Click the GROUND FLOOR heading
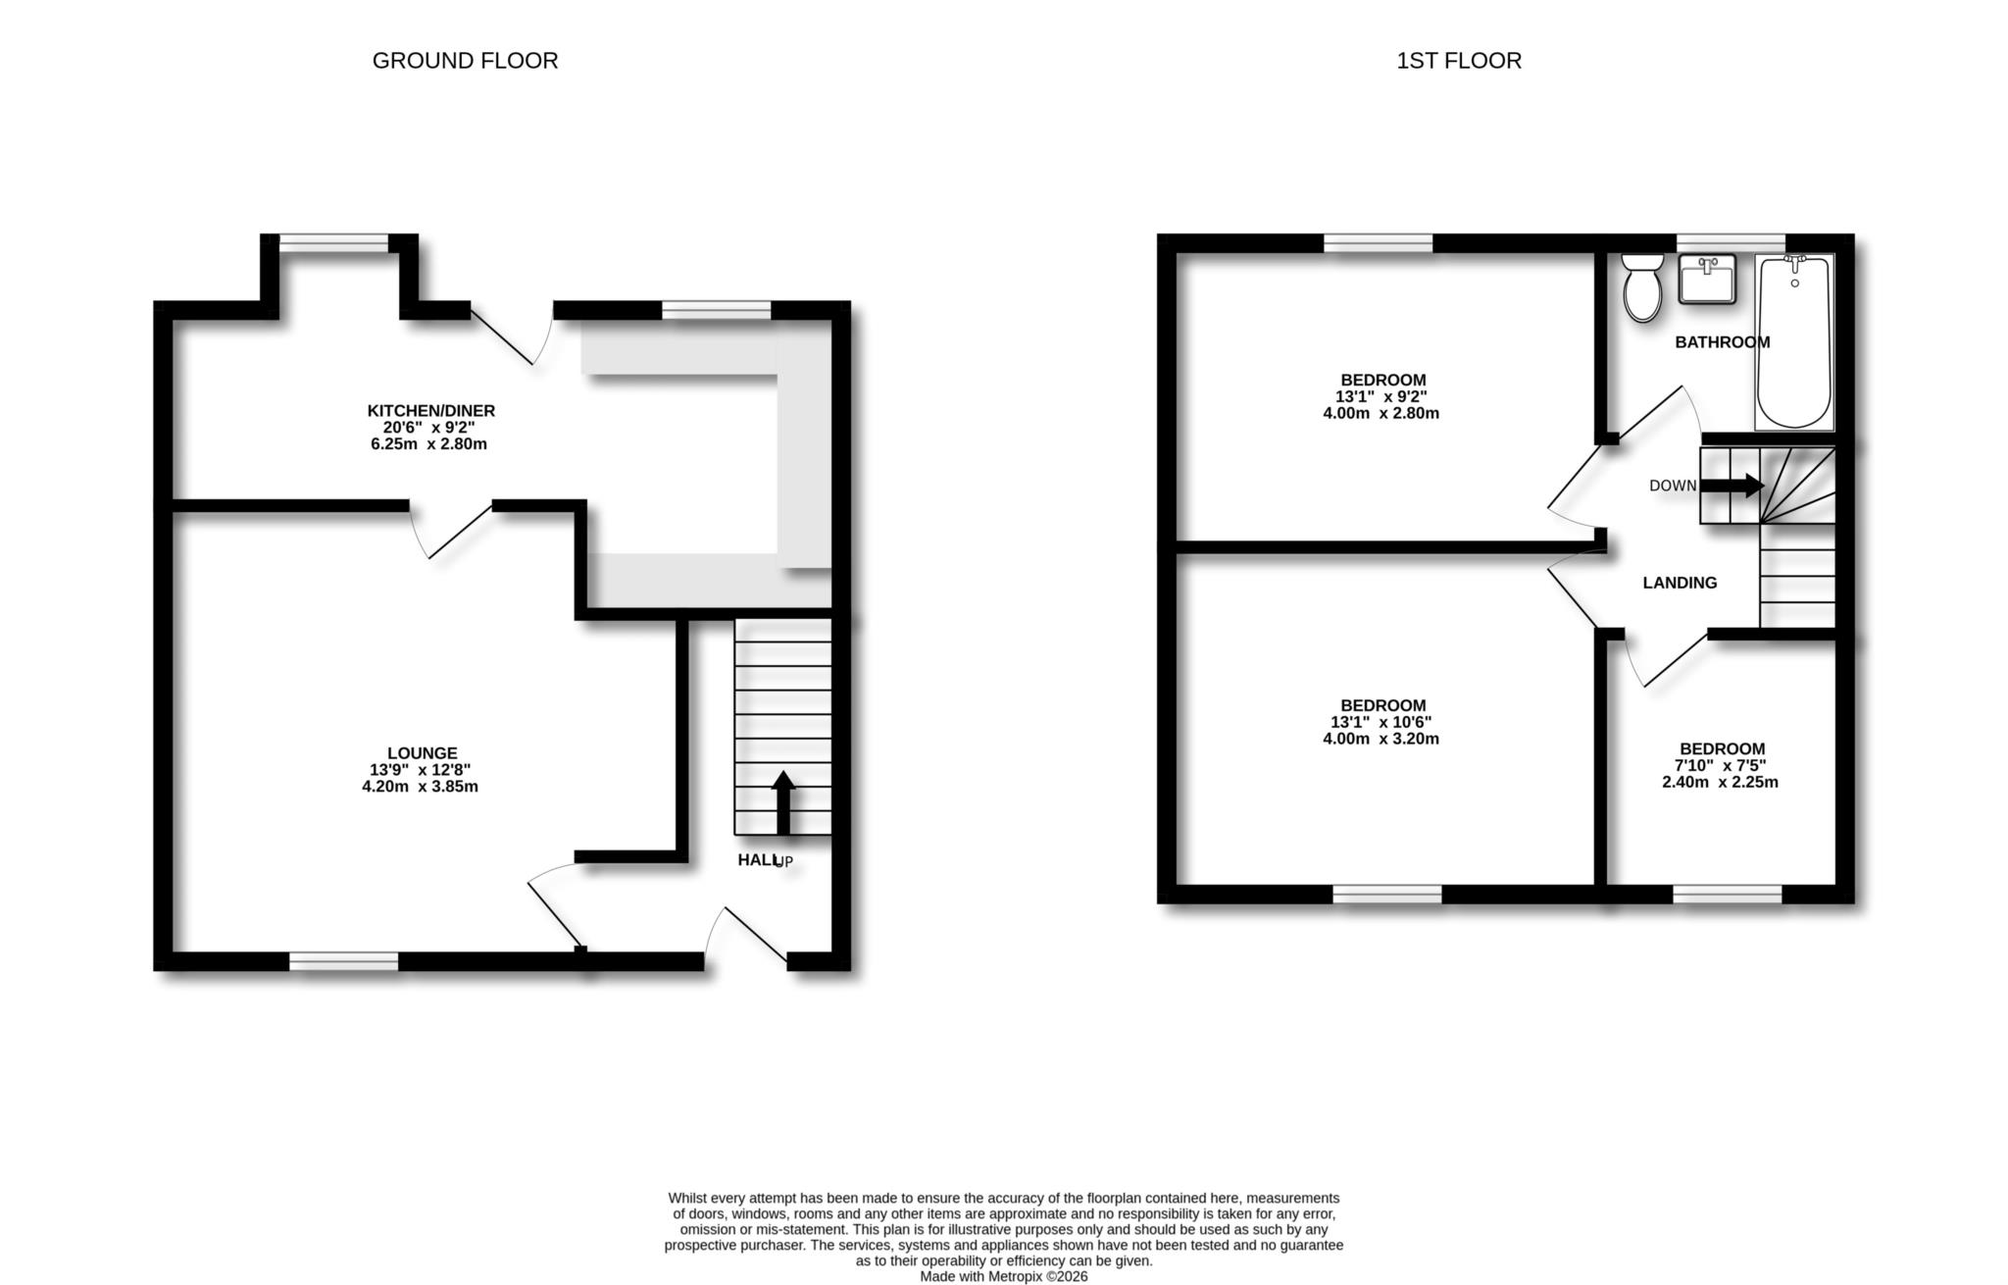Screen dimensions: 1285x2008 [x=465, y=61]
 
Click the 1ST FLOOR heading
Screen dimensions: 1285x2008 [x=1458, y=61]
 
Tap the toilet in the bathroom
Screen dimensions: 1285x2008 [x=1641, y=288]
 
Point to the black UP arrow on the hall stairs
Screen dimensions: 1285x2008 [x=782, y=802]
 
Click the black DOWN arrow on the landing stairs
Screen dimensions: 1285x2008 [x=1731, y=485]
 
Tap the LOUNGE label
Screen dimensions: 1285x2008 [x=422, y=753]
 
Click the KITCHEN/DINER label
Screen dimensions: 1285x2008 [x=430, y=410]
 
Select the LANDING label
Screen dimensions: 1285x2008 [x=1680, y=583]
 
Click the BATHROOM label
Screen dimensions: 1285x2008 [x=1722, y=342]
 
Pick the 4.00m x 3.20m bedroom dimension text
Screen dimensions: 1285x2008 [x=1380, y=739]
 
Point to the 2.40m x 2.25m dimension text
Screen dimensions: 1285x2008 [x=1720, y=782]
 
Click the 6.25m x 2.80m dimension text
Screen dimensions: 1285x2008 [x=428, y=443]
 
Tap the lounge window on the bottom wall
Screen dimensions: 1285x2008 [x=344, y=961]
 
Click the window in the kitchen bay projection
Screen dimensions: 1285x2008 [x=334, y=243]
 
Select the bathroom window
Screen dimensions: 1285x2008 [x=1730, y=243]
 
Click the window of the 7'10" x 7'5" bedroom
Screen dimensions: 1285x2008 [x=1727, y=894]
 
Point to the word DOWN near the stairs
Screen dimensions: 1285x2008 [x=1672, y=486]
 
